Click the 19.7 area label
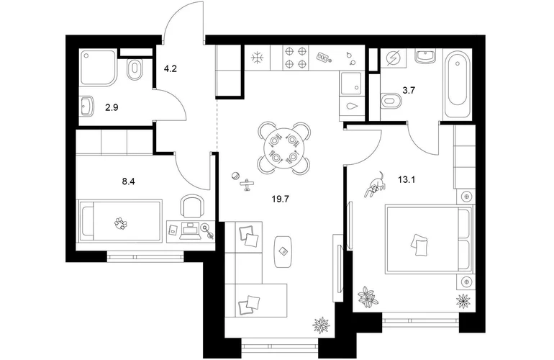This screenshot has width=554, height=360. pos(281,199)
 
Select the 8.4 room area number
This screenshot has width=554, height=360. pos(129,181)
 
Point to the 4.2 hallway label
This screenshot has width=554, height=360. pos(170,68)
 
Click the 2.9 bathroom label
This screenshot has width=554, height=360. pos(112,107)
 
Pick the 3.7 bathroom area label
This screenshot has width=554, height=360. pos(409,91)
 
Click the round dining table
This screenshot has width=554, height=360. pos(284,148)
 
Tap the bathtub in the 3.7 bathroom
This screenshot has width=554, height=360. pos(458,84)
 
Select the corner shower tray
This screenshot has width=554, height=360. pos(98,68)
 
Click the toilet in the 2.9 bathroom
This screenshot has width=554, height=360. pos(135,70)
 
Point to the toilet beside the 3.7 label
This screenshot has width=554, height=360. pos(392,100)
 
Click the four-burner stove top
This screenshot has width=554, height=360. pos(296,58)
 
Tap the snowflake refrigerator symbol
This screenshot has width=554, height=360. pos(258,58)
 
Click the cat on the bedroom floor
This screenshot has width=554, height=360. pos(376,184)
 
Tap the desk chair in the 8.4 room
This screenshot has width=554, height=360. pos(192,207)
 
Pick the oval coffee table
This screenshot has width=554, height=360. pos(283,251)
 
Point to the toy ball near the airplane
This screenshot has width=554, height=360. pos(235,176)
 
